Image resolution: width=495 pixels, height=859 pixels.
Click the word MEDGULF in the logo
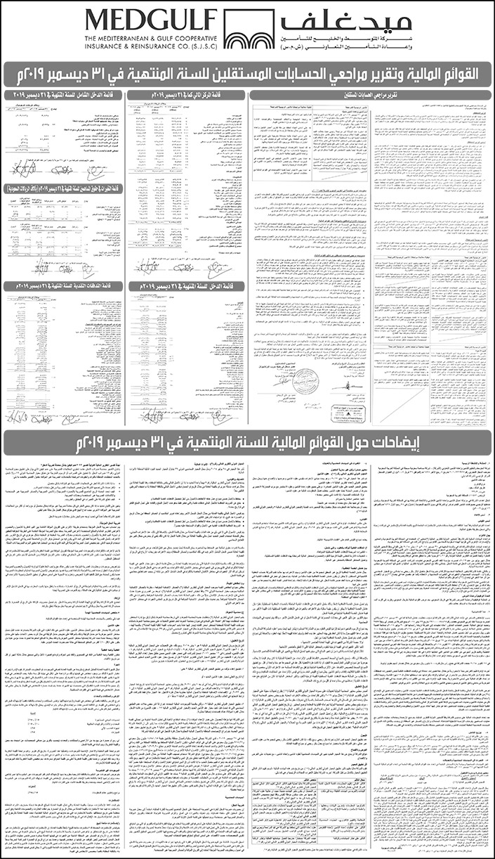point(152,21)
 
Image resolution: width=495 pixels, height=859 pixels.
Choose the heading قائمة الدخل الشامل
point(64,93)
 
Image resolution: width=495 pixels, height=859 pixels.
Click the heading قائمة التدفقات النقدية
point(64,286)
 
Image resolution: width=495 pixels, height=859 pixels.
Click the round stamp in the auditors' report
point(306,379)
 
